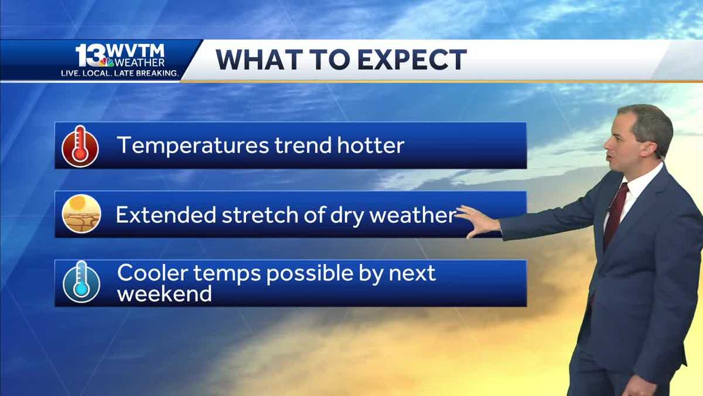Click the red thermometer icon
pyautogui.click(x=80, y=145)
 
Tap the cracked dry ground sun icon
pyautogui.click(x=81, y=214)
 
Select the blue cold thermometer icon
pyautogui.click(x=81, y=282)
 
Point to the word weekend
pyautogui.click(x=164, y=293)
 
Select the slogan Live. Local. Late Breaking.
pyautogui.click(x=120, y=73)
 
